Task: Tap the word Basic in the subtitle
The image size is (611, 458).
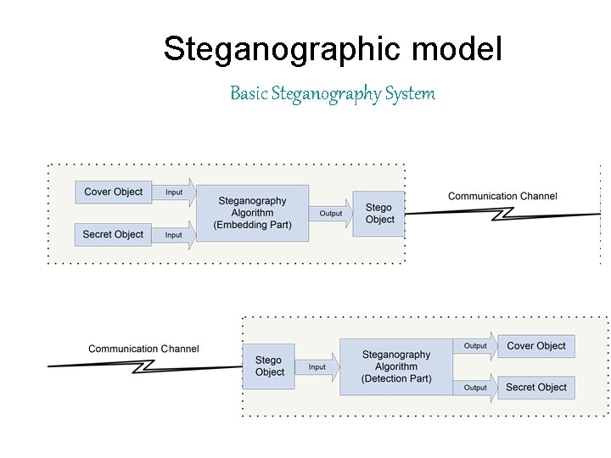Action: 249,93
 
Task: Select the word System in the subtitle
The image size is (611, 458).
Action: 409,93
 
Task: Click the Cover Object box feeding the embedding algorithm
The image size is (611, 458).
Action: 114,192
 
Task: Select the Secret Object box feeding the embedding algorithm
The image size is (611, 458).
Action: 114,234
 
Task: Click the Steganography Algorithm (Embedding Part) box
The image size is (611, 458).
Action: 252,213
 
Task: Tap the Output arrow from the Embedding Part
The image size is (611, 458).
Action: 332,214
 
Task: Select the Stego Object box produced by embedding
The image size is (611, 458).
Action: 379,214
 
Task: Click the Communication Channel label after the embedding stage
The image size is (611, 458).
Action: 502,196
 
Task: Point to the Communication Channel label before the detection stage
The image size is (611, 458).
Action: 143,349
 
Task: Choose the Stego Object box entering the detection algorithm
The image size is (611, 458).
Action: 269,366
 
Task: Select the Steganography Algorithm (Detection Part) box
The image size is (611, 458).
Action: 395,366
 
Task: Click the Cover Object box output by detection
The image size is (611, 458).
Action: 536,346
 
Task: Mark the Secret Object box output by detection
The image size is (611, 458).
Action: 536,388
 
